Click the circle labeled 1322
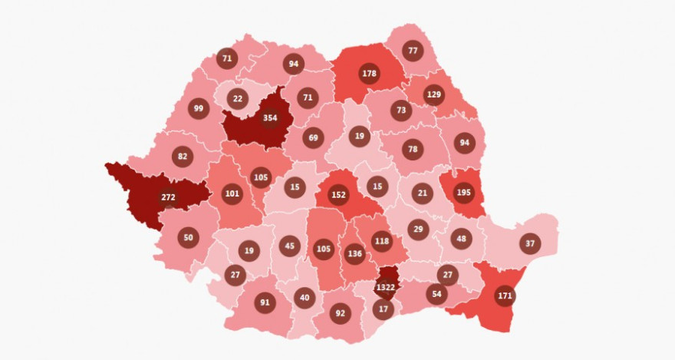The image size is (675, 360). pyautogui.click(x=386, y=287)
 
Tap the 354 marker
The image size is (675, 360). pyautogui.click(x=269, y=118)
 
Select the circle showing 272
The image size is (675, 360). pyautogui.click(x=169, y=197)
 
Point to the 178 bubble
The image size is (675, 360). pyautogui.click(x=370, y=74)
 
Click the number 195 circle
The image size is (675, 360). pyautogui.click(x=463, y=193)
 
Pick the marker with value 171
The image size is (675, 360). pyautogui.click(x=505, y=296)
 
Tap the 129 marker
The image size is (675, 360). pyautogui.click(x=434, y=94)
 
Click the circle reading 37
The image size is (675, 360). pyautogui.click(x=529, y=243)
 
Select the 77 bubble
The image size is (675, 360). pyautogui.click(x=413, y=51)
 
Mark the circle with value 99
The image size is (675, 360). pyautogui.click(x=199, y=108)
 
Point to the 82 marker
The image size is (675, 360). pyautogui.click(x=183, y=157)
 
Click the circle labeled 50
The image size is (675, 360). pyautogui.click(x=189, y=238)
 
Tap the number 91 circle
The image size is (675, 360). pyautogui.click(x=265, y=302)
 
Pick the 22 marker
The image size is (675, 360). pyautogui.click(x=238, y=98)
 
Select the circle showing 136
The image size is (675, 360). pyautogui.click(x=354, y=253)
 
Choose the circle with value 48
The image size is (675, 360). pyautogui.click(x=460, y=239)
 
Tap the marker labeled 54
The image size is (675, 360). pyautogui.click(x=436, y=295)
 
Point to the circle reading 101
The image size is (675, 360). pyautogui.click(x=232, y=193)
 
